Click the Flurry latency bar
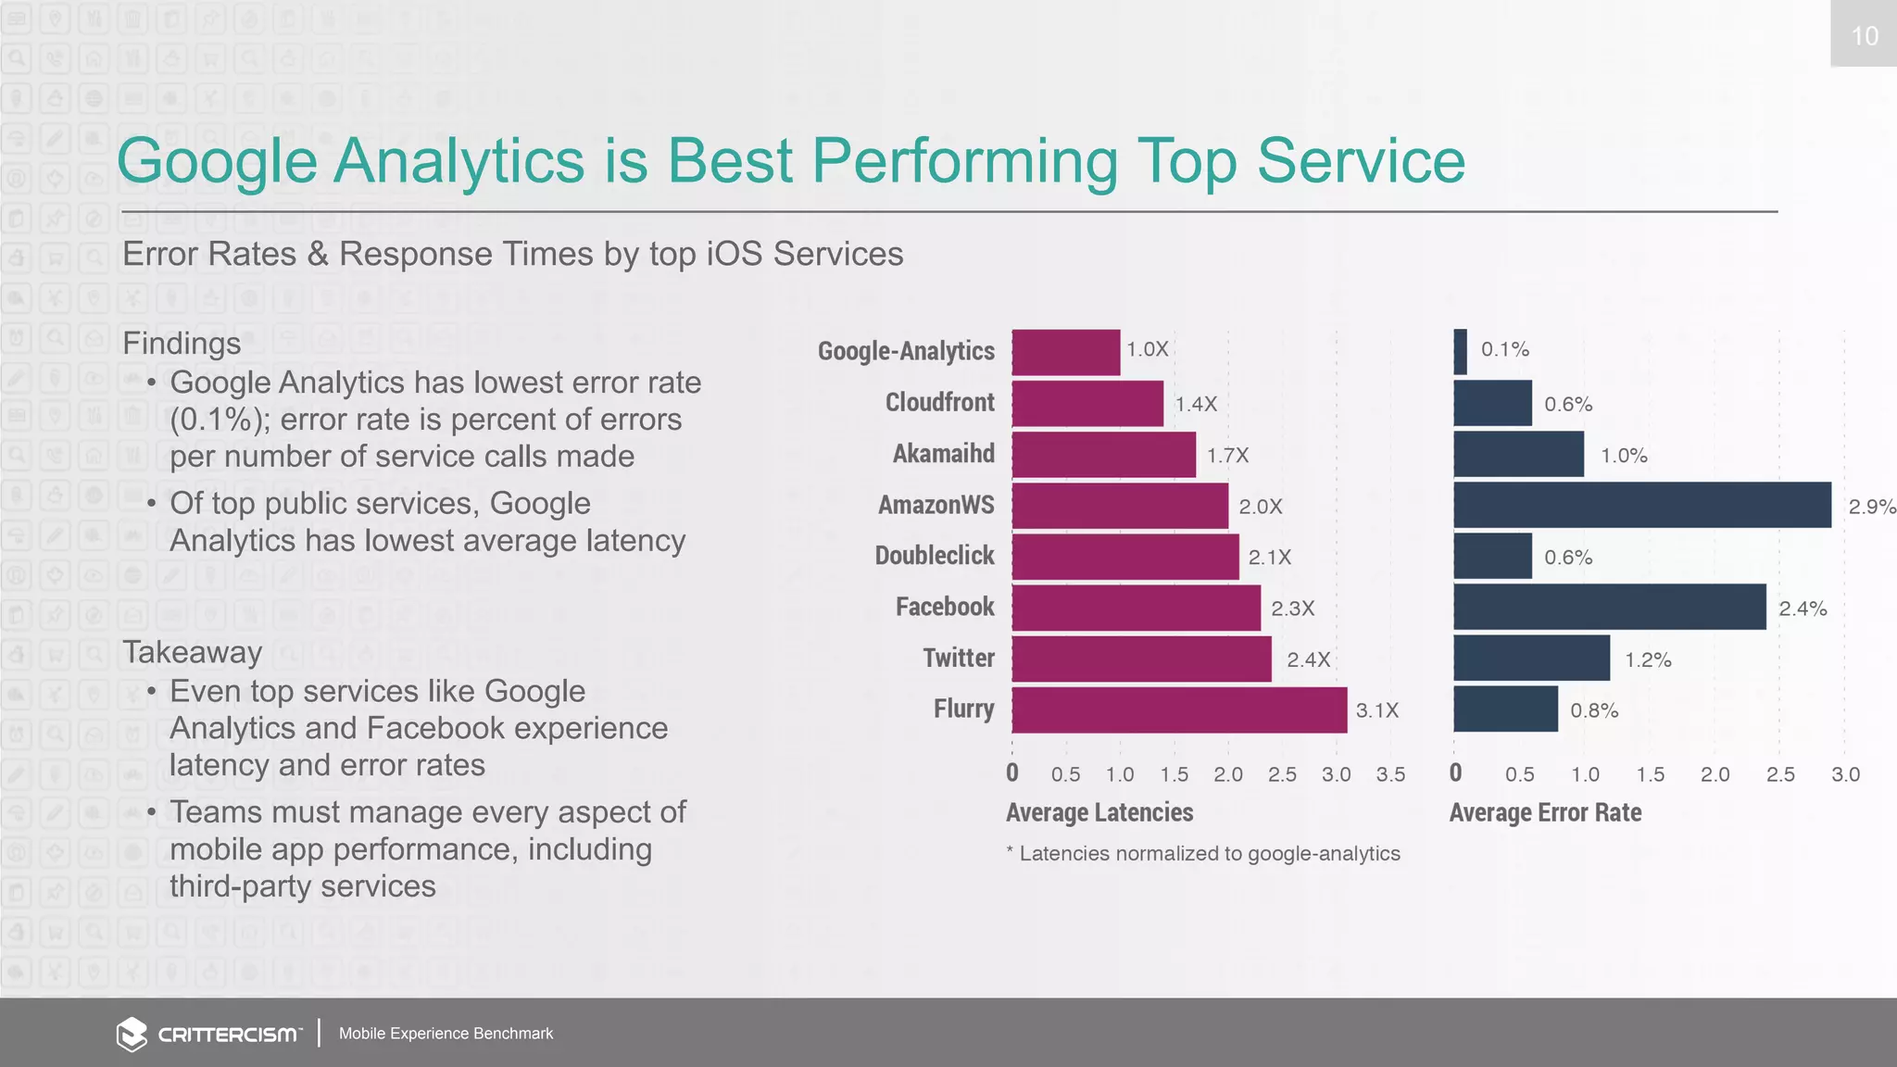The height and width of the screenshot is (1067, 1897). pos(1178,709)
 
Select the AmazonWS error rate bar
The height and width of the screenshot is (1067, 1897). pos(1641,505)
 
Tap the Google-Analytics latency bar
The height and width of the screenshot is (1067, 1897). pos(1065,352)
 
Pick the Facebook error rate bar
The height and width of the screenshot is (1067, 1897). pos(1609,607)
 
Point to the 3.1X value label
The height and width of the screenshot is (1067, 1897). pos(1376,710)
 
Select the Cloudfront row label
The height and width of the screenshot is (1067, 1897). pos(939,402)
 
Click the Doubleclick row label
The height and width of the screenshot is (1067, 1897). pos(934,555)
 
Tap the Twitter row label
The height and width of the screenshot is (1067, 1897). pos(958,658)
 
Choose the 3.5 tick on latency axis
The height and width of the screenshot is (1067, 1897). pos(1389,774)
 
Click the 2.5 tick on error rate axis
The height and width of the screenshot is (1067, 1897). pos(1779,774)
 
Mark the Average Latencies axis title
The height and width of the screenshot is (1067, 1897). pos(1099,812)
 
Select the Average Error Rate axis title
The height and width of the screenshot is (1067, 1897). pos(1544,812)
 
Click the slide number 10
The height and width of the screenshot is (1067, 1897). pos(1864,35)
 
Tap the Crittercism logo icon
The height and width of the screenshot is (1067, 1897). pos(132,1034)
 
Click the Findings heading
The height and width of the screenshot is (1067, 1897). pos(182,344)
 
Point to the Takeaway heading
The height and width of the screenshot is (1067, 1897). pos(192,652)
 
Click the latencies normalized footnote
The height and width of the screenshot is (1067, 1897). pos(1203,853)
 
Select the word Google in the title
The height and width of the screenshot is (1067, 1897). pos(217,162)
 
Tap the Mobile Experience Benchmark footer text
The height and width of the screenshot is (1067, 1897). pos(446,1034)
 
